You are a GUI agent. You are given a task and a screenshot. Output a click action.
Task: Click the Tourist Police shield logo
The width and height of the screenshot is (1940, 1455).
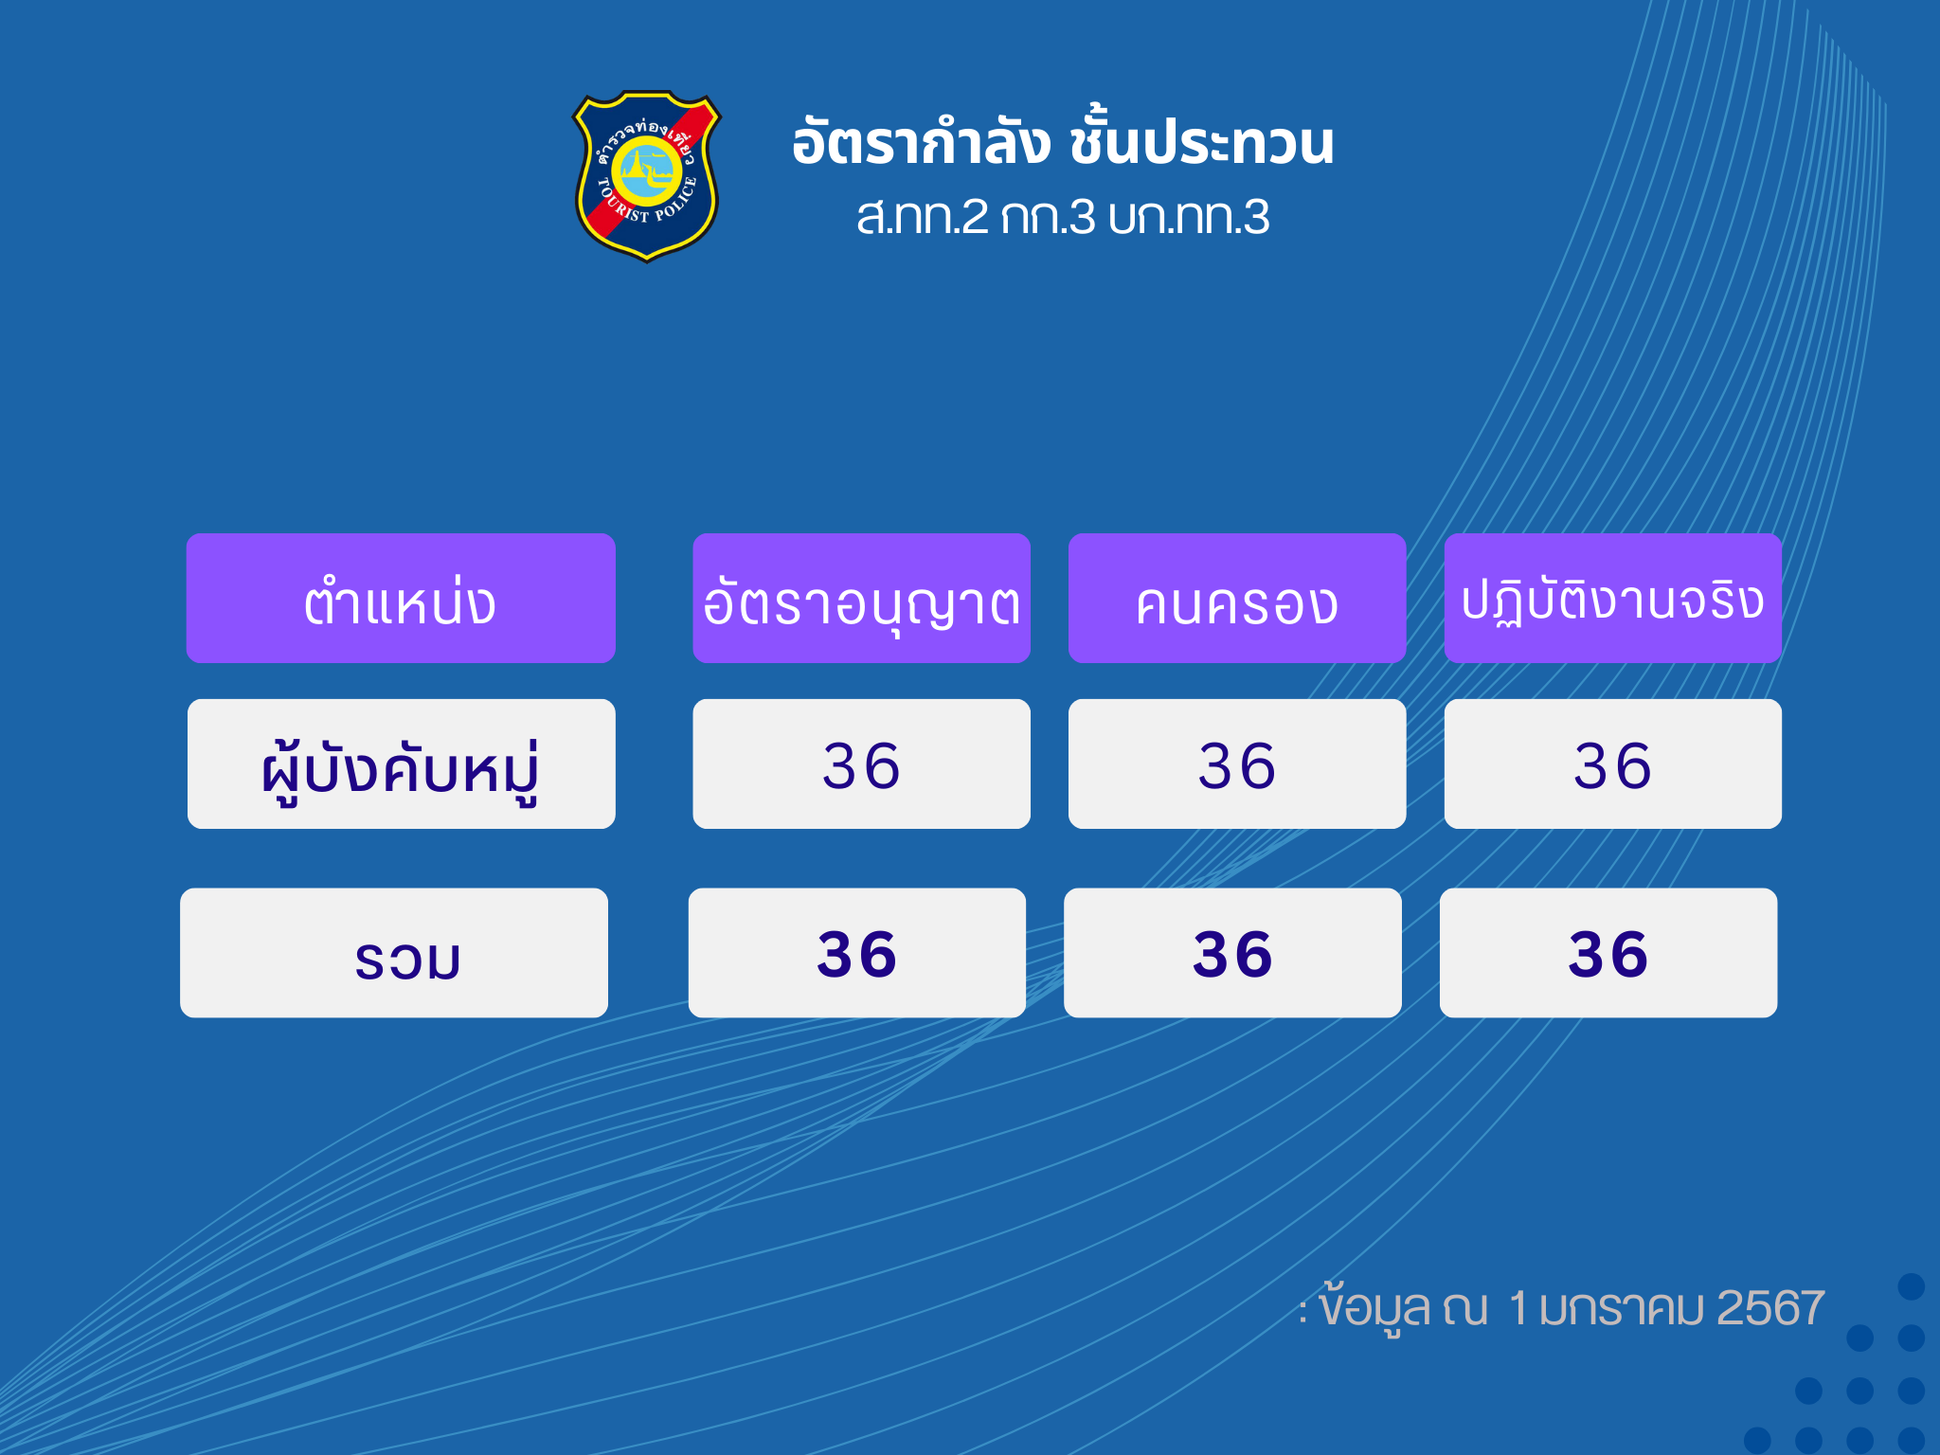(x=647, y=176)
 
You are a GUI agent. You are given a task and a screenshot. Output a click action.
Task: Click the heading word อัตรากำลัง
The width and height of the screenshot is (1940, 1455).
(x=921, y=142)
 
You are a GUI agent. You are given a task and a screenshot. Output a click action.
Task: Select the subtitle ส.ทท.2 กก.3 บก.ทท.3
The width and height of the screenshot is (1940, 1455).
(x=1063, y=217)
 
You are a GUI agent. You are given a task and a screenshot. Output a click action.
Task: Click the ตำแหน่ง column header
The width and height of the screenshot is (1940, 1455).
(x=400, y=602)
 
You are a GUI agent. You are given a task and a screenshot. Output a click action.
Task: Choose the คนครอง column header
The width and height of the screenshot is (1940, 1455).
(x=1236, y=604)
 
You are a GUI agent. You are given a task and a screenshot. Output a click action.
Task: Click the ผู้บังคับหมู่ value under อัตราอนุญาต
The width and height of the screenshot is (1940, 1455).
(x=861, y=765)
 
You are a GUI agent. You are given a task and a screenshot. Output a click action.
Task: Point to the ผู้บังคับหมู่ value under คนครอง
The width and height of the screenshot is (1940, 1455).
(x=1236, y=765)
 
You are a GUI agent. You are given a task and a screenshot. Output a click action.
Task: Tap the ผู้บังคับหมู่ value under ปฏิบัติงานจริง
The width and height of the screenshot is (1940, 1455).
(x=1612, y=765)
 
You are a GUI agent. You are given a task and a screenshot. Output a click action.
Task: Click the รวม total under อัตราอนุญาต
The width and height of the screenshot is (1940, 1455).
(x=856, y=954)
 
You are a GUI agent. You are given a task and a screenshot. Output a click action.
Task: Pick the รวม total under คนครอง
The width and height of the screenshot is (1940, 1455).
(x=1232, y=954)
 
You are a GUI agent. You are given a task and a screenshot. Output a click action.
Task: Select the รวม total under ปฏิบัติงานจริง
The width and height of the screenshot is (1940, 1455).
(x=1608, y=954)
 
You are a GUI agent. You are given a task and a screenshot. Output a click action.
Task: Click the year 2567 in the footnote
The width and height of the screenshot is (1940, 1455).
(x=1769, y=1308)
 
